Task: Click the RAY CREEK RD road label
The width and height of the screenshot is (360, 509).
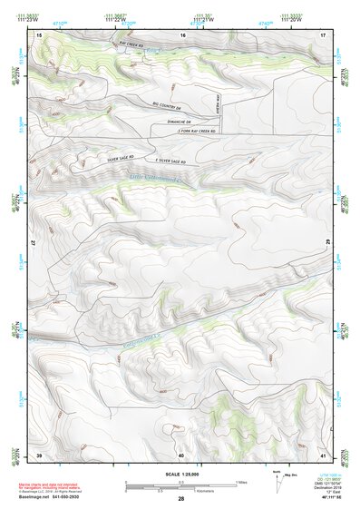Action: click(x=131, y=42)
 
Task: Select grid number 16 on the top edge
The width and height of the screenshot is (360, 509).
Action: click(x=182, y=34)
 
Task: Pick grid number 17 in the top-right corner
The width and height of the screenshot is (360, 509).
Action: click(x=323, y=34)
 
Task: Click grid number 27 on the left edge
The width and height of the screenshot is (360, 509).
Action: click(x=38, y=244)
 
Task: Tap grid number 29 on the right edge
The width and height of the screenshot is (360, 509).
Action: click(x=324, y=239)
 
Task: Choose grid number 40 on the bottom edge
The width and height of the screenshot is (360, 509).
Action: click(x=181, y=455)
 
